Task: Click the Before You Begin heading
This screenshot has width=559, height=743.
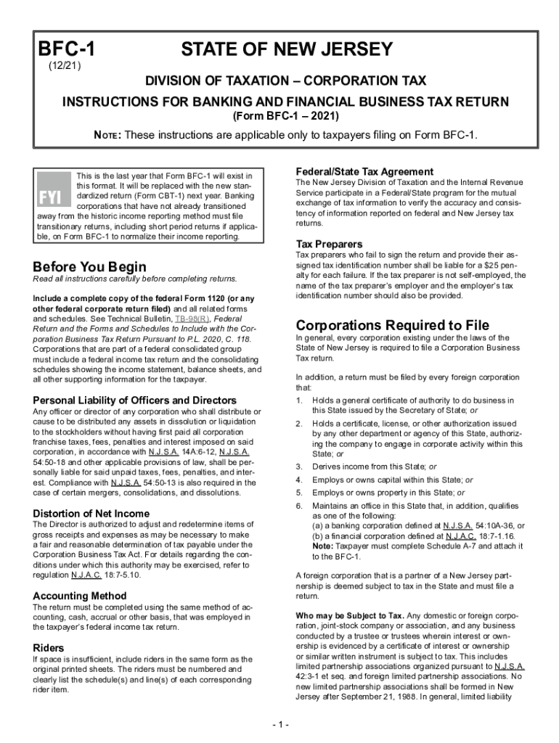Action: pyautogui.click(x=90, y=266)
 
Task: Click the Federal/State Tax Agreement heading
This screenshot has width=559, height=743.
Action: pyautogui.click(x=364, y=171)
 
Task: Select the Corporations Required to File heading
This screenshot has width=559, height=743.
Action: pyautogui.click(x=392, y=324)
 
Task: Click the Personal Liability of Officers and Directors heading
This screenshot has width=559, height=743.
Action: pyautogui.click(x=135, y=400)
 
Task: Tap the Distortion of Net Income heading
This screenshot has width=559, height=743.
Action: pyautogui.click(x=91, y=514)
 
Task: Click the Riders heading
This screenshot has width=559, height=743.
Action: pyautogui.click(x=49, y=647)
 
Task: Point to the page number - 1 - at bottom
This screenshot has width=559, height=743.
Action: pyautogui.click(x=279, y=724)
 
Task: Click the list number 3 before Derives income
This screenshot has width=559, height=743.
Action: pyautogui.click(x=298, y=466)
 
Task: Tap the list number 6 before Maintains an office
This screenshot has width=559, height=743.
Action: pyautogui.click(x=298, y=505)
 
